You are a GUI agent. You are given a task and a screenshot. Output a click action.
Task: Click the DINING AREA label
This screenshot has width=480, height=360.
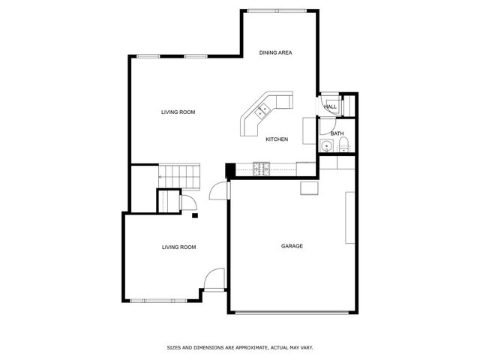275,52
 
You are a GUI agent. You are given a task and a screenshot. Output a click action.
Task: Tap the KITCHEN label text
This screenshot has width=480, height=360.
277,139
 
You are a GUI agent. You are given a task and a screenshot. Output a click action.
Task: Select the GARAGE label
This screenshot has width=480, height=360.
292,246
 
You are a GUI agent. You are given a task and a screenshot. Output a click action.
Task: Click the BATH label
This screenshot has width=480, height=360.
337,133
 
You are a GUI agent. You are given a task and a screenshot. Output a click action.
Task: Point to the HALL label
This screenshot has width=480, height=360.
330,107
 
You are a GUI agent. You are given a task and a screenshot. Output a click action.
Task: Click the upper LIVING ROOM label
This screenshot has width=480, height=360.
178,112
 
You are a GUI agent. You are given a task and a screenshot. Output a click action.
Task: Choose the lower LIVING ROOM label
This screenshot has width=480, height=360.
178,247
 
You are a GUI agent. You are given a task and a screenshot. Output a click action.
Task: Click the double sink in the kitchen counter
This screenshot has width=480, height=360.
263,110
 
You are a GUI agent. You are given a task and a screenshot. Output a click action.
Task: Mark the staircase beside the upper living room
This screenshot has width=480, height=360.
179,176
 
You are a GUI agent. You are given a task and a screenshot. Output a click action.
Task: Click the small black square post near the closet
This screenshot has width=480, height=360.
194,216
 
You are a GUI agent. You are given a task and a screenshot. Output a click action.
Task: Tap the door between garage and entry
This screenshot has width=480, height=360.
218,190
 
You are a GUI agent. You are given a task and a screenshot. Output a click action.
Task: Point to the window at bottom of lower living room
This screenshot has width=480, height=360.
159,301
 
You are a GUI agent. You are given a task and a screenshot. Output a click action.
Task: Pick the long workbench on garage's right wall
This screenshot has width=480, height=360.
350,217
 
